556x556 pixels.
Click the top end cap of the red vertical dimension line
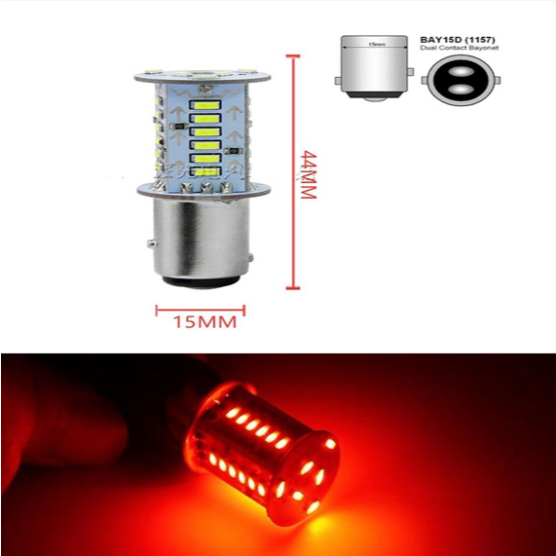[290, 56]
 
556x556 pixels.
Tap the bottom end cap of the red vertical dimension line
[290, 288]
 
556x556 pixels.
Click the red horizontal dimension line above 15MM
[201, 310]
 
